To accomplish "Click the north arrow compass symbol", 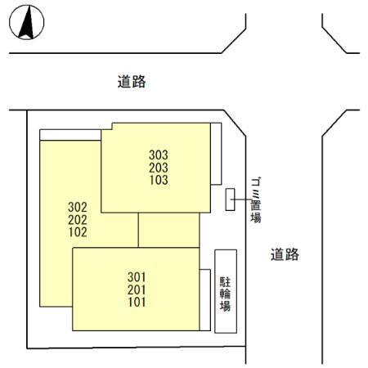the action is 26,22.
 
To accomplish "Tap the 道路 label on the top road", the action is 132,82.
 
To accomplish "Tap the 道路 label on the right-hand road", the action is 285,254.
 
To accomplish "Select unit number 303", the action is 159,155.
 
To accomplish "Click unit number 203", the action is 159,168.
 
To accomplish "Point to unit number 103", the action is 159,180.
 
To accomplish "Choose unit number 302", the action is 78,207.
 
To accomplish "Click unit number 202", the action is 78,220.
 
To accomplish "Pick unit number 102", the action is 78,232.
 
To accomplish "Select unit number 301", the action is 137,277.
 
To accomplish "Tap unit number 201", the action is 137,289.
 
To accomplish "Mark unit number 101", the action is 137,302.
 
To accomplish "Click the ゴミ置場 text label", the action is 256,200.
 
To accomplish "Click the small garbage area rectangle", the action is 230,200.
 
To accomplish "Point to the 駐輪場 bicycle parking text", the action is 226,294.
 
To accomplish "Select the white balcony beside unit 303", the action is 216,154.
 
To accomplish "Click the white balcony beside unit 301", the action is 205,300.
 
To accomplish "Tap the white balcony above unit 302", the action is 70,135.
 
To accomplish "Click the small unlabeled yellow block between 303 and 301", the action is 168,230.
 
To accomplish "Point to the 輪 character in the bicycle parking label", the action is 226,294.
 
